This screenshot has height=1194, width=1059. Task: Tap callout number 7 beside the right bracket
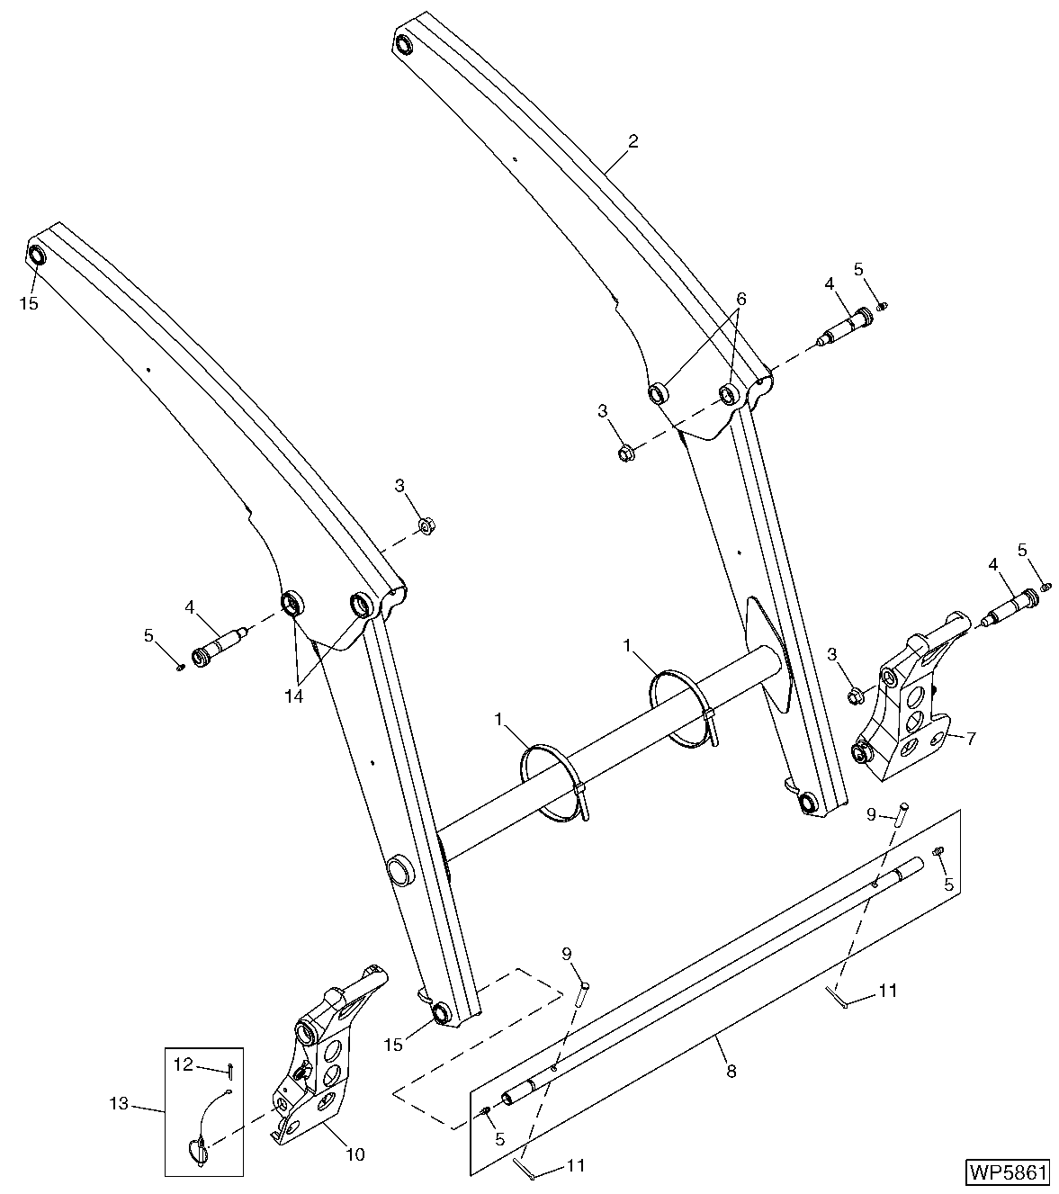971,738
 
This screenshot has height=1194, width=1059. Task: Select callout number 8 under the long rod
731,1071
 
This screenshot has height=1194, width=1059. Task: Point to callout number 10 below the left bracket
355,1154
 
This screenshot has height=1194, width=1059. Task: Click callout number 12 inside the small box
183,1065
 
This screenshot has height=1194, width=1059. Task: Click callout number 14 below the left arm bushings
294,696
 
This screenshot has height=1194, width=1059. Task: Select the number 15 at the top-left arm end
30,303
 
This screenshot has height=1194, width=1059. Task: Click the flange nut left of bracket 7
856,695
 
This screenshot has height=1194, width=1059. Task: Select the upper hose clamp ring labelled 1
679,706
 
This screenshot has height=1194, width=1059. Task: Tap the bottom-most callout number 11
577,1165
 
